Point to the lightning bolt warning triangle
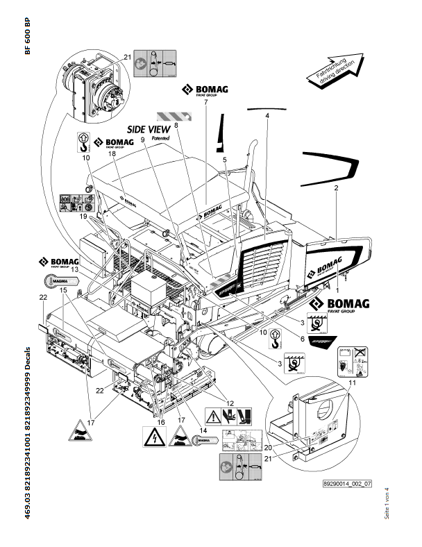151,437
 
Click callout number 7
205,103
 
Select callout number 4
267,116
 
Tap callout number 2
335,188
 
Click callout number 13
74,267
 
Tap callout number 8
176,125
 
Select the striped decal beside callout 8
169,115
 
